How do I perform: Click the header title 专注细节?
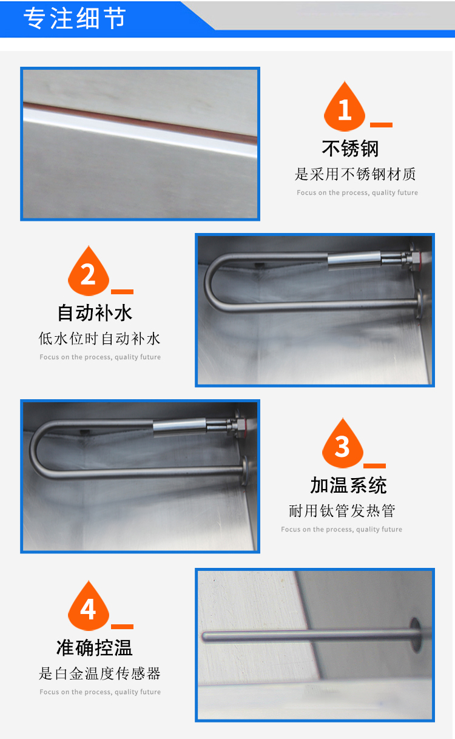pyautogui.click(x=75, y=18)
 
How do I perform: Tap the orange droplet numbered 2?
pyautogui.click(x=89, y=271)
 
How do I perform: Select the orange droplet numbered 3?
pyautogui.click(x=343, y=443)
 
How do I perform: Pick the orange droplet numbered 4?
pyautogui.click(x=89, y=606)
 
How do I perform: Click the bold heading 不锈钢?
pyautogui.click(x=350, y=149)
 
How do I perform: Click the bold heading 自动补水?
pyautogui.click(x=95, y=312)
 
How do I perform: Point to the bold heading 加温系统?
pyautogui.click(x=348, y=485)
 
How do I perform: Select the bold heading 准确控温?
pyautogui.click(x=95, y=647)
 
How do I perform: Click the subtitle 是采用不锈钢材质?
pyautogui.click(x=355, y=174)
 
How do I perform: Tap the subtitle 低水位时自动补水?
pyautogui.click(x=99, y=339)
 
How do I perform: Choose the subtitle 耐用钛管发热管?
pyautogui.click(x=342, y=511)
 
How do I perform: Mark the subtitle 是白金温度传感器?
pyautogui.click(x=99, y=673)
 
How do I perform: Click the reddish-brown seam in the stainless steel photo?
pyautogui.click(x=140, y=123)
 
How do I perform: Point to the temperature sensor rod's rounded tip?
pyautogui.click(x=204, y=636)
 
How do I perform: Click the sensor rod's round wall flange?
pyautogui.click(x=416, y=635)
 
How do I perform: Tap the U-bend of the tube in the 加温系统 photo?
pyautogui.click(x=38, y=449)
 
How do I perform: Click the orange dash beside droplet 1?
pyautogui.click(x=381, y=125)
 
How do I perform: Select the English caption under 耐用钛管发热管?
pyautogui.click(x=342, y=530)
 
